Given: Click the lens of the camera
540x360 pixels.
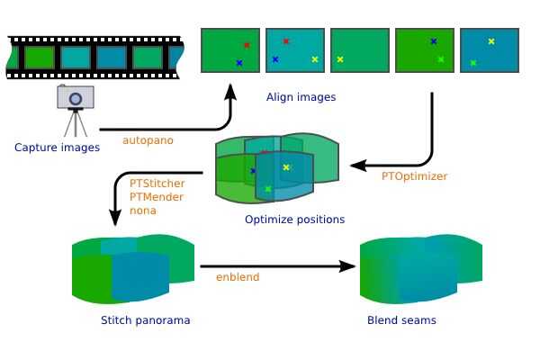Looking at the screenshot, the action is [76, 99].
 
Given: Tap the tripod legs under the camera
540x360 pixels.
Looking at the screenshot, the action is [76, 123].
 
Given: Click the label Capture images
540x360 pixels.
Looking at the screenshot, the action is [58, 148].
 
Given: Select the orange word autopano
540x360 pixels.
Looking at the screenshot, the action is [148, 140].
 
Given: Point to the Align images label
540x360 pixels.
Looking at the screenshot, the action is [301, 97].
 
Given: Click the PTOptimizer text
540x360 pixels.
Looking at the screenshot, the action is [414, 176].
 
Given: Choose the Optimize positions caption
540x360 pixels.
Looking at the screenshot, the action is [295, 220].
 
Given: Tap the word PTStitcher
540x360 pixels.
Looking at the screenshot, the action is [157, 184].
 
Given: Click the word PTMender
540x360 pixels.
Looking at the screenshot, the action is [157, 197].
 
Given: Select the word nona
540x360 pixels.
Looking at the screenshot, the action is [143, 211].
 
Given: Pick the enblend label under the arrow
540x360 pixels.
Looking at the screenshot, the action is [238, 277].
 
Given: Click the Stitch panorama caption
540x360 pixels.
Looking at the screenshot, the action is [145, 320].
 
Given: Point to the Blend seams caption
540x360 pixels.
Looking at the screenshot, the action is [401, 320].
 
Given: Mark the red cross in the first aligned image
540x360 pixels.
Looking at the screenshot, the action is [247, 45].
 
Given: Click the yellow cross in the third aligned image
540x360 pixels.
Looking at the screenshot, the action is [340, 59].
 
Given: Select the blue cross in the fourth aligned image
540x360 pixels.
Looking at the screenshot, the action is [434, 41].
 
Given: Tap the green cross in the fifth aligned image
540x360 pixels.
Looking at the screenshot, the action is [473, 63].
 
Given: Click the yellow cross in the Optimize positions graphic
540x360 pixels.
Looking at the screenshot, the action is [286, 167].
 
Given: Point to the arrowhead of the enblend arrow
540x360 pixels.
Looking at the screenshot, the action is [347, 266].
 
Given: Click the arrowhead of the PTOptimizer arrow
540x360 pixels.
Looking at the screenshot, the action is [358, 166].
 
